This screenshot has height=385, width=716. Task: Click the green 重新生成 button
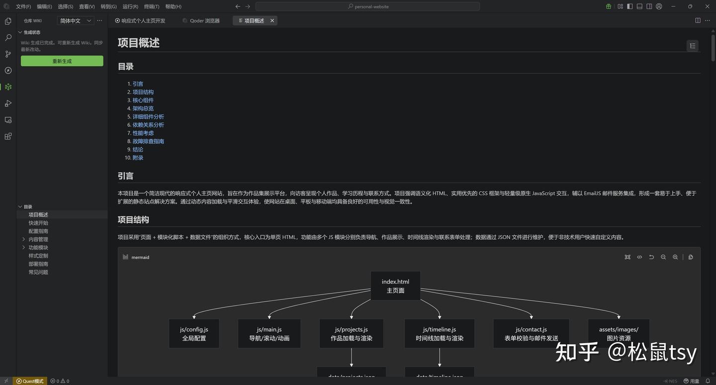click(x=62, y=61)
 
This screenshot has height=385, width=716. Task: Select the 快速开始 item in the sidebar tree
click(x=38, y=223)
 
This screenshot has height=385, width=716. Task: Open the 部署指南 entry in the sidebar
click(x=38, y=264)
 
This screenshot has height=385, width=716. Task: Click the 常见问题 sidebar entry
click(x=38, y=272)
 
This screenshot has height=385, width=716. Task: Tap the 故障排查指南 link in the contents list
click(x=148, y=141)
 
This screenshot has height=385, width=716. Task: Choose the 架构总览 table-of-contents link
click(x=143, y=108)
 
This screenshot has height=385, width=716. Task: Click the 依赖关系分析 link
click(x=148, y=125)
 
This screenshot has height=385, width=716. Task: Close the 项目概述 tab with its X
click(x=272, y=21)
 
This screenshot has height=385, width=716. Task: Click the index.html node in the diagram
click(x=396, y=286)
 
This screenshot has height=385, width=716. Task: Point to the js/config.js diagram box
click(x=194, y=334)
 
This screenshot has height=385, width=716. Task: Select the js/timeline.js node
click(x=440, y=334)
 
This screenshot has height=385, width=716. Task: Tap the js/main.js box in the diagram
click(x=269, y=334)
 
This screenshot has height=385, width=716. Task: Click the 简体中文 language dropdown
click(x=75, y=21)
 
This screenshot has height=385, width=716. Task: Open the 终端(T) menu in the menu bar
click(x=152, y=6)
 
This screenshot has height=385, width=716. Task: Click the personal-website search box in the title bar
click(x=367, y=6)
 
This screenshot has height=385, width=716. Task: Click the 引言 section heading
click(x=125, y=176)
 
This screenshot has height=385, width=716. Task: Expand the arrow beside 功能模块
click(x=23, y=248)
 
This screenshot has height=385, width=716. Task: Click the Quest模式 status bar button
click(x=30, y=381)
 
